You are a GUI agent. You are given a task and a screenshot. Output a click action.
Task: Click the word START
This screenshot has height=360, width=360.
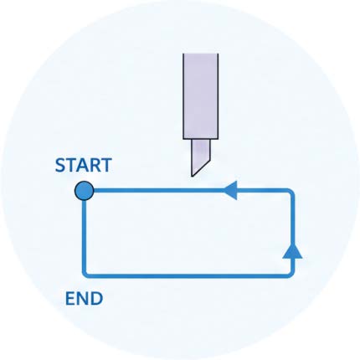point(84,165)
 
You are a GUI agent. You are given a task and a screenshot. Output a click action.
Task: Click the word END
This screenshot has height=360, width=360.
point(84,299)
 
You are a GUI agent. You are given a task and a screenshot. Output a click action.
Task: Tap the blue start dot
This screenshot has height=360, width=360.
point(84,191)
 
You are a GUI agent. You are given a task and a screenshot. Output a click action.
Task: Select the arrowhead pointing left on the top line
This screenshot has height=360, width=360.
point(231,191)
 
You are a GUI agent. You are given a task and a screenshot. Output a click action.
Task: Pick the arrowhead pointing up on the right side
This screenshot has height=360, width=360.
point(292,251)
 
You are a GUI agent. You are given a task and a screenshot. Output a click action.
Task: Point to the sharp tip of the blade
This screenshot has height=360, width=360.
point(192,176)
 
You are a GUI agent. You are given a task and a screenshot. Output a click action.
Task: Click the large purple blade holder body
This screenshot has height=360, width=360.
point(201,96)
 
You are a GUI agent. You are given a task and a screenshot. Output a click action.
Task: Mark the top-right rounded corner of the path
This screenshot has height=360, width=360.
point(291,193)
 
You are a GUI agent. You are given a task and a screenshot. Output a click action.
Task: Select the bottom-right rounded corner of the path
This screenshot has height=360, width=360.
point(291,274)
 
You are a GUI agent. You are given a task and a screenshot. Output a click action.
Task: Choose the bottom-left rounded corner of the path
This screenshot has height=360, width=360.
point(85,274)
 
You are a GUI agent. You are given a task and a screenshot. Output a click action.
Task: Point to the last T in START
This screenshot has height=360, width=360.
point(106,165)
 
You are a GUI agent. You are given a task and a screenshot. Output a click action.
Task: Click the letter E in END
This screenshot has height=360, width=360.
point(69,299)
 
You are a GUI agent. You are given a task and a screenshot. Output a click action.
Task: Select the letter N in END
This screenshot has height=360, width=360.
point(82,299)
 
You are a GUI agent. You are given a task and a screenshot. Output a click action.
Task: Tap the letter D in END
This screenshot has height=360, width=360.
point(97,299)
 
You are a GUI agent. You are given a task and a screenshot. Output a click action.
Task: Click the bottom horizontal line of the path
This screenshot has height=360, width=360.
point(188,275)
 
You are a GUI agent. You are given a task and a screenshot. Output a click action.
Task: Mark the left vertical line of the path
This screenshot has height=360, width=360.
point(84,236)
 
